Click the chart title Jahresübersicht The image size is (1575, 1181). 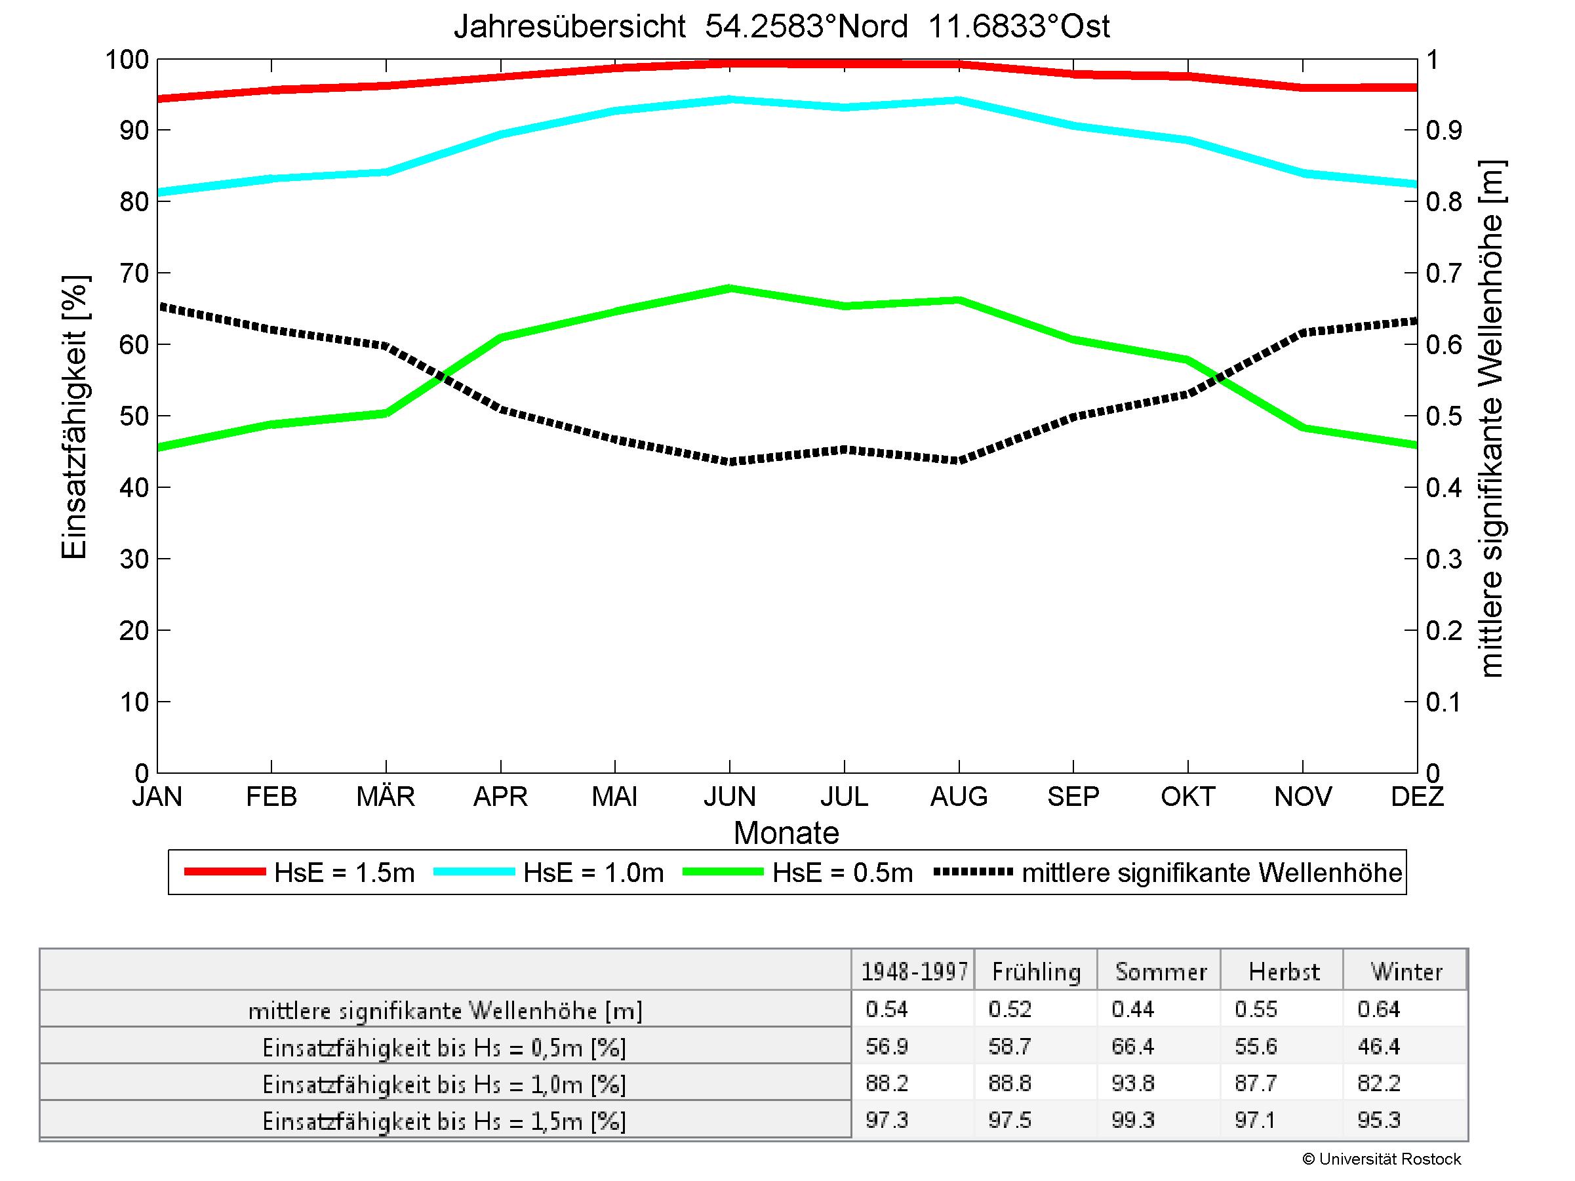point(781,27)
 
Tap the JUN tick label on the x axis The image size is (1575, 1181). point(729,796)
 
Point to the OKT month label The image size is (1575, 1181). point(1187,796)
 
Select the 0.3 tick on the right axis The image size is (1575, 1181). point(1444,559)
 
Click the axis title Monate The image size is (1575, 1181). point(786,833)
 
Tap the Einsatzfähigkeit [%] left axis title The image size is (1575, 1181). point(74,416)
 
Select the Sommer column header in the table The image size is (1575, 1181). point(1161,972)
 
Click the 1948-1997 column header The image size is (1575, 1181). point(914,972)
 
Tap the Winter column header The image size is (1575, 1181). point(1406,972)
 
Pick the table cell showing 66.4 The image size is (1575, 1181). point(1132,1047)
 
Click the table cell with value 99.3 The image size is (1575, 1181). point(1132,1121)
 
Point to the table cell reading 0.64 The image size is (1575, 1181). point(1378,1009)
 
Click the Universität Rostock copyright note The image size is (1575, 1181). point(1382,1159)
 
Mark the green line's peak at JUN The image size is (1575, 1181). point(730,289)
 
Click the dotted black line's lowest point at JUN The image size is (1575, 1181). point(730,461)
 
